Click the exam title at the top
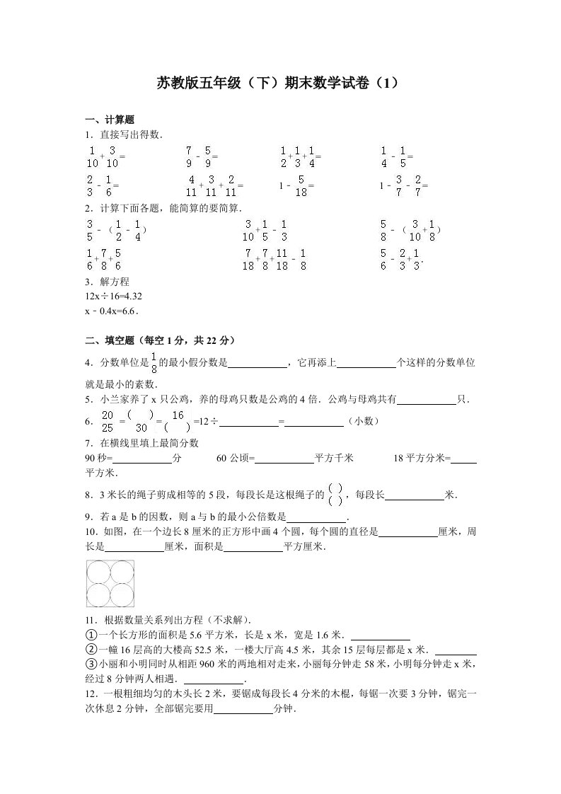(281, 83)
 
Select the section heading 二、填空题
(159, 340)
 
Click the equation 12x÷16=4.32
(108, 296)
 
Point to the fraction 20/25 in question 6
(108, 421)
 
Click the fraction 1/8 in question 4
(152, 363)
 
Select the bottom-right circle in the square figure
(122, 594)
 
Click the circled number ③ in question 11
(90, 664)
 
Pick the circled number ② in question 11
(90, 649)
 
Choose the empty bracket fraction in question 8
(337, 494)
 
